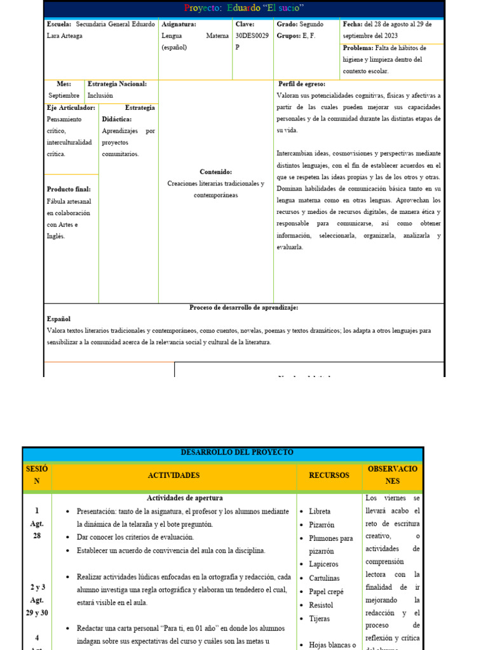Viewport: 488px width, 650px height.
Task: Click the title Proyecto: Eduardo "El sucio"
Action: click(x=244, y=8)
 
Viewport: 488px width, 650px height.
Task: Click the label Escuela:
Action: click(x=59, y=24)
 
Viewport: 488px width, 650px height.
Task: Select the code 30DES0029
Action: click(x=252, y=36)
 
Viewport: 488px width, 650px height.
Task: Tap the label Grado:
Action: click(x=287, y=24)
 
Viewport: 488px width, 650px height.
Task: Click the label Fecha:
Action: click(x=353, y=24)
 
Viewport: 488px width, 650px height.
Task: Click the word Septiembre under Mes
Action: click(x=64, y=96)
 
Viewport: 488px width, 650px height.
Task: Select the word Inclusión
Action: click(x=100, y=96)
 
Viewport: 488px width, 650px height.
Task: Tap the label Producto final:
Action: click(x=69, y=189)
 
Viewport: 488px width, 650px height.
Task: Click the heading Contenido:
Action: click(x=215, y=172)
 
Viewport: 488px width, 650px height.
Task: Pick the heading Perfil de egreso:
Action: click(x=302, y=84)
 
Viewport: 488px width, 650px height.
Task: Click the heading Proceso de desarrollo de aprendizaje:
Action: click(x=244, y=307)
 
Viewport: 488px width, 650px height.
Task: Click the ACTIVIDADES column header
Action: click(x=173, y=475)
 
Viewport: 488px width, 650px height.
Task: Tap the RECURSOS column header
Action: click(x=329, y=475)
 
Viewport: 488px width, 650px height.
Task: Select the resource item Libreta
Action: click(x=320, y=511)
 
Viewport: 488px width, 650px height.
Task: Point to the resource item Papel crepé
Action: click(x=326, y=592)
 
